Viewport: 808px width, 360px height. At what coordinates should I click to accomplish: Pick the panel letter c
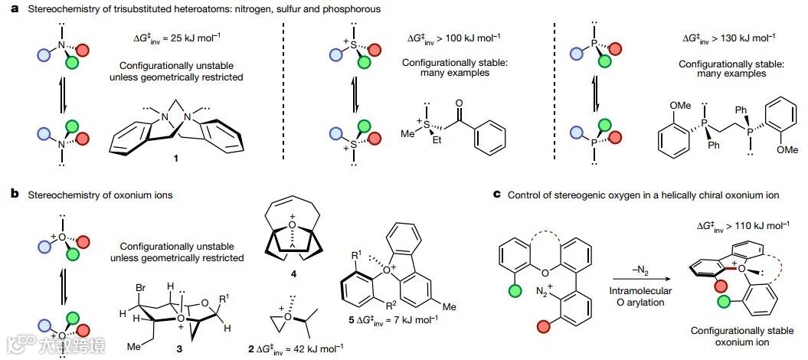tap(498, 195)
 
